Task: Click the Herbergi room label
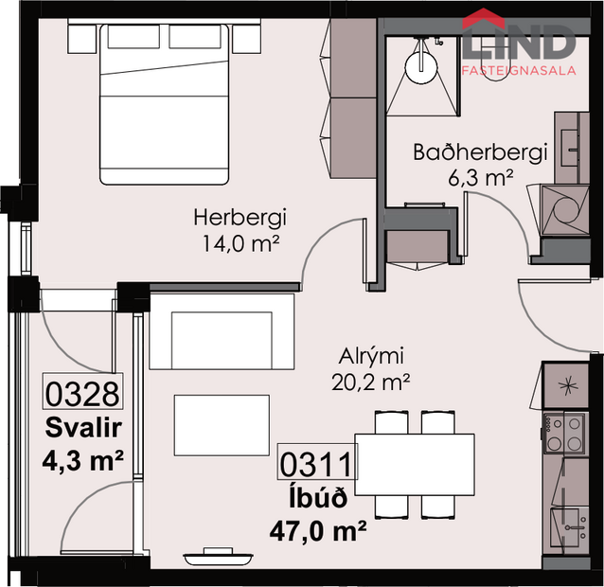pyautogui.click(x=240, y=218)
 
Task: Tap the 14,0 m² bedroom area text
pyautogui.click(x=240, y=242)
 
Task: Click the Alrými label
pyautogui.click(x=372, y=358)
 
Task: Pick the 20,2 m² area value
pyautogui.click(x=372, y=382)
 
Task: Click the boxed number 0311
pyautogui.click(x=315, y=464)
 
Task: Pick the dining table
pyautogui.click(x=414, y=464)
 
